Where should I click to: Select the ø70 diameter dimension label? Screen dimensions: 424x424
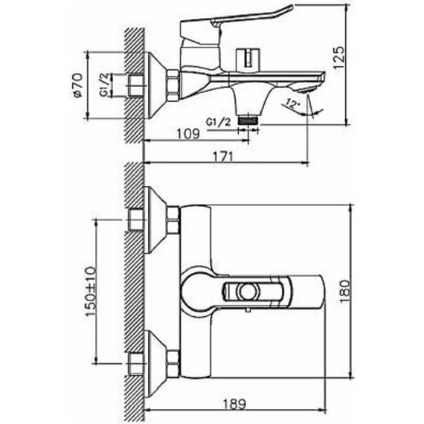pos(77,86)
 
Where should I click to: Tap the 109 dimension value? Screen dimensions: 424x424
pos(188,134)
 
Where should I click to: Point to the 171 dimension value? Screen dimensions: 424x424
pos(223,156)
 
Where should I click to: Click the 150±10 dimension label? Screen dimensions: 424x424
pos(91,292)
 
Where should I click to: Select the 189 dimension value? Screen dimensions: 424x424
pos(234,404)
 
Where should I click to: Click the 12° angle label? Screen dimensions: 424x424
pos(291,104)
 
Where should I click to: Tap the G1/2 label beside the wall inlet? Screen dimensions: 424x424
pos(106,85)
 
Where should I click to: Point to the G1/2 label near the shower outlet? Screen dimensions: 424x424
pos(219,123)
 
